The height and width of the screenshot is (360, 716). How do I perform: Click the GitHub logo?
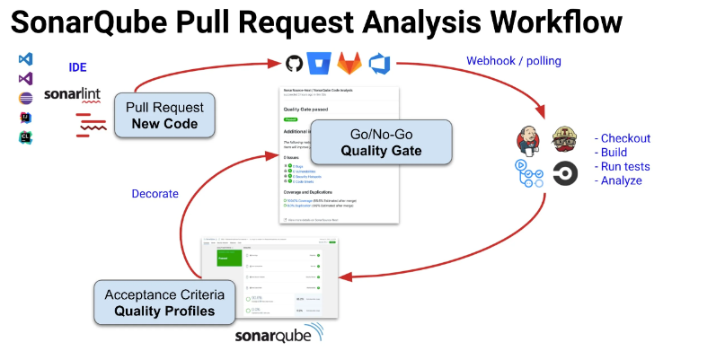coord(293,64)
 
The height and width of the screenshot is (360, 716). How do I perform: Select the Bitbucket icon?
coord(318,64)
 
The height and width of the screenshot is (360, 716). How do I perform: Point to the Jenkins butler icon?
coord(528,139)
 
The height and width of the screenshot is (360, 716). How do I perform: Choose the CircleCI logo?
coord(565,173)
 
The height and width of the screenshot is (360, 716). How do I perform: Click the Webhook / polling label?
coord(513,61)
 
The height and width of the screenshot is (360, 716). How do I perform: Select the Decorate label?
coord(155,193)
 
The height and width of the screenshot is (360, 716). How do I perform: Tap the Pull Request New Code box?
coord(164,116)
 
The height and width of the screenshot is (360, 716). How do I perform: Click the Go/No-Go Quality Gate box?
coord(380,142)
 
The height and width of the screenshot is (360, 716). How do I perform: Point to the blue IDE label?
coord(78,67)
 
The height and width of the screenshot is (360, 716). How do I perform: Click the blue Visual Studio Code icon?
coord(25,58)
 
